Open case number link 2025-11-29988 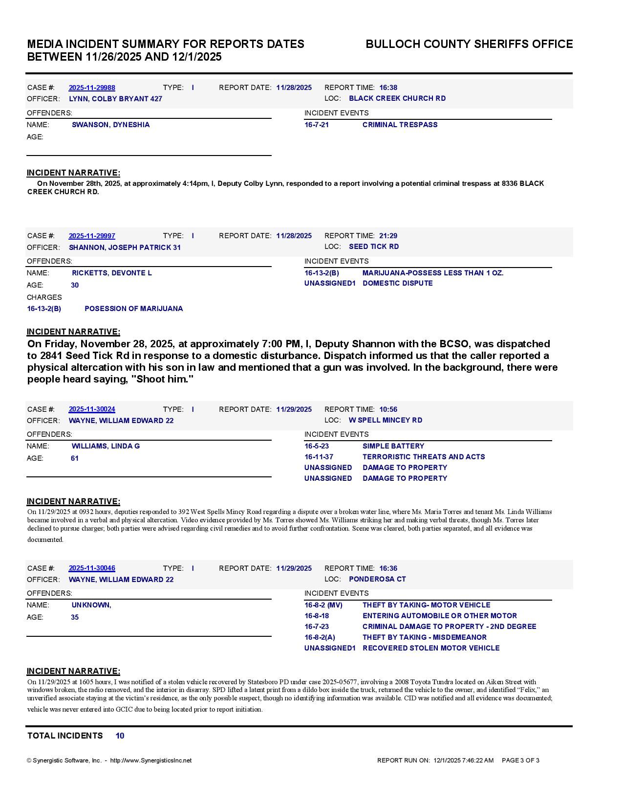click(92, 88)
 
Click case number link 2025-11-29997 click(92, 236)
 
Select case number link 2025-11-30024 click(92, 409)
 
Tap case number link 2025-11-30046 click(92, 568)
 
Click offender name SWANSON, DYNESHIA click(110, 125)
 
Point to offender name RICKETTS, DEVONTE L click(111, 273)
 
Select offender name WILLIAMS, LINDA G click(106, 446)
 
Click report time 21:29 click(388, 236)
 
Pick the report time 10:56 click(388, 409)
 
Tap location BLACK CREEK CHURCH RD click(397, 98)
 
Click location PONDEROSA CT click(377, 579)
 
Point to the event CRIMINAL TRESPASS click(400, 125)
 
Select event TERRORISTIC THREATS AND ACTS click(423, 457)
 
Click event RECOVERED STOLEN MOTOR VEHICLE click(430, 648)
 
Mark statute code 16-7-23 click(317, 627)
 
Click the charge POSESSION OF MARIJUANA click(133, 309)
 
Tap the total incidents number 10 click(120, 736)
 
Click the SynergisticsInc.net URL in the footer click(150, 761)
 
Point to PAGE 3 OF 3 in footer click(520, 761)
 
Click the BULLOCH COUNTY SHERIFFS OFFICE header click(469, 44)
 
